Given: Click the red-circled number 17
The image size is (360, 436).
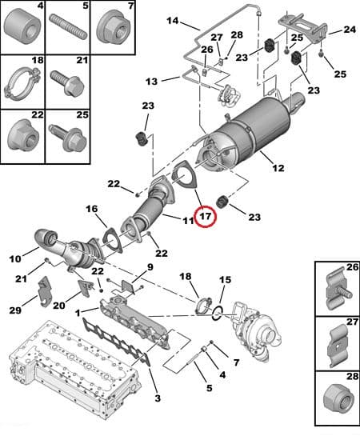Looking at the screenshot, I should (x=205, y=217).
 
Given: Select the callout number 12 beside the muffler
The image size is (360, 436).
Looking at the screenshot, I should (x=278, y=168).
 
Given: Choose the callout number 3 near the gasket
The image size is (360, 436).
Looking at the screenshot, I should (x=157, y=398).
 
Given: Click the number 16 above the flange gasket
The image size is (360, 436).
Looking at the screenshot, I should (x=92, y=209).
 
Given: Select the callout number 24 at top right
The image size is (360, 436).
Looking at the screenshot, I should (x=349, y=30).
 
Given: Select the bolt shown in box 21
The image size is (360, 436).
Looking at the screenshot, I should (x=67, y=82).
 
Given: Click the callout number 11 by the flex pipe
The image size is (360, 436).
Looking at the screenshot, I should (x=188, y=220).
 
